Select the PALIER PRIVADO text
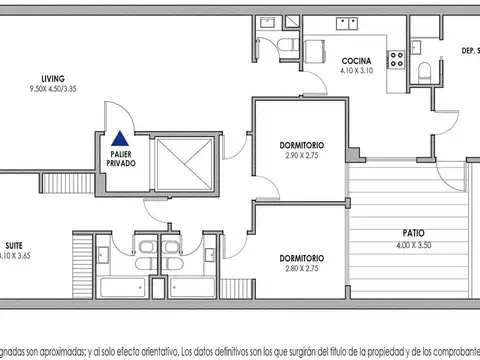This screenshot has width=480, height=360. coord(122,157)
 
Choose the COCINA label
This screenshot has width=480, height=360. coord(357,60)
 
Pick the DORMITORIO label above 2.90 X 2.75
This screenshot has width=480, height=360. coord(300,147)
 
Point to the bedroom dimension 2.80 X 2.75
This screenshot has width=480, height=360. coord(300,269)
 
